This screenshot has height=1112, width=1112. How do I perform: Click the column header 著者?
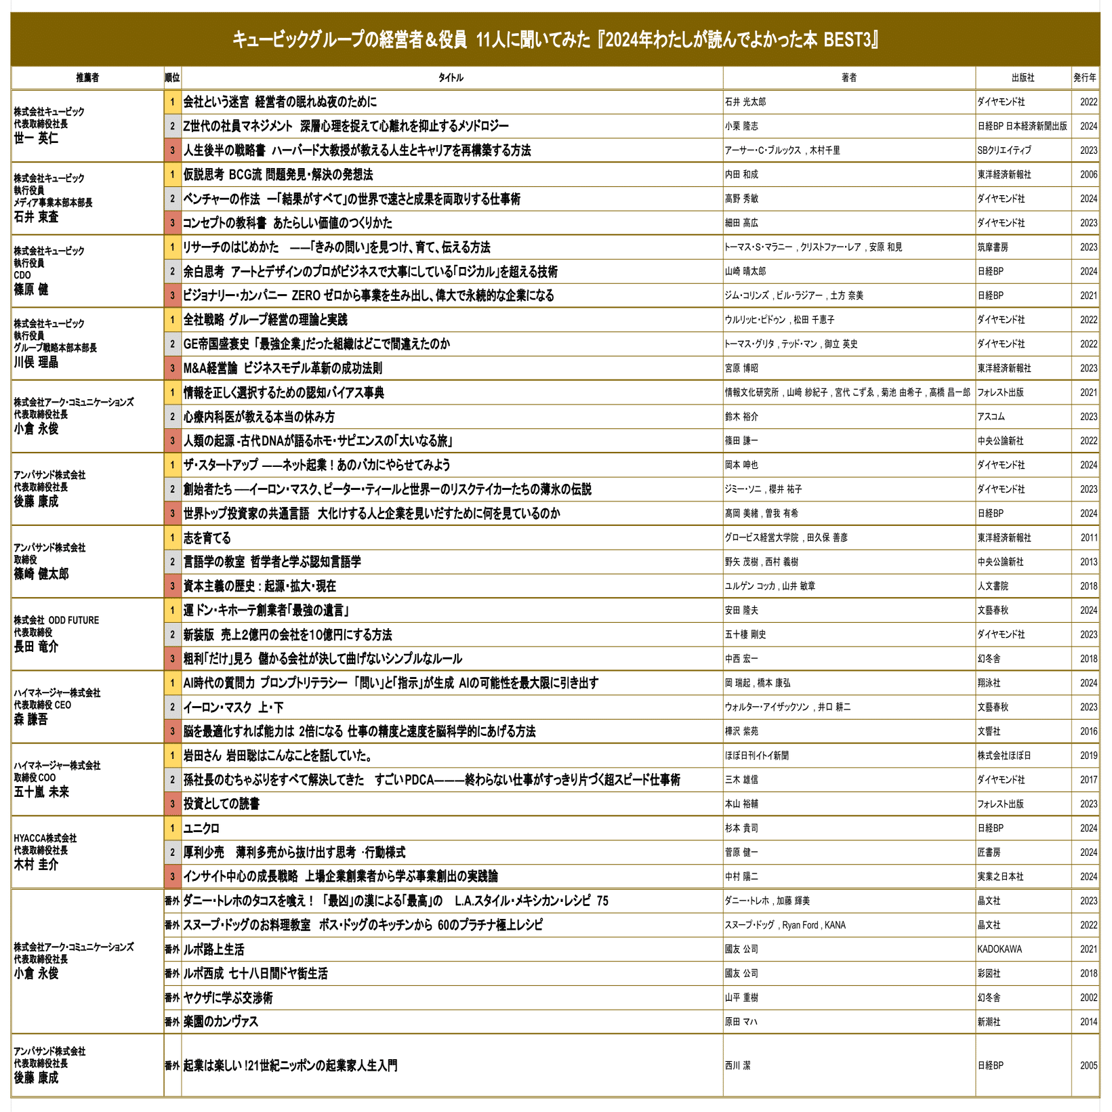(x=848, y=78)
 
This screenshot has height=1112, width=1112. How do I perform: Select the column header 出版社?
(x=1023, y=78)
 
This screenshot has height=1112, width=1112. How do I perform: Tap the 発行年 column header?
(x=1084, y=78)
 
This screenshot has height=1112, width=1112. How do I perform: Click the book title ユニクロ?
(x=201, y=828)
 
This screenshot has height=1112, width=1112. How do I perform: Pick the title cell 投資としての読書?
(x=222, y=804)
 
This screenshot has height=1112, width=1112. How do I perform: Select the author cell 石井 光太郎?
(x=745, y=102)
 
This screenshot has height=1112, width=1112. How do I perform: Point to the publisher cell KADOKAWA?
(x=1000, y=949)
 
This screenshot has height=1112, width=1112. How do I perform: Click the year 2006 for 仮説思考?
(x=1088, y=175)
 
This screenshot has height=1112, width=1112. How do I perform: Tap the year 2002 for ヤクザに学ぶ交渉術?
(x=1088, y=997)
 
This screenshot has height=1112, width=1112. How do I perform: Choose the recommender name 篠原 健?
(x=31, y=289)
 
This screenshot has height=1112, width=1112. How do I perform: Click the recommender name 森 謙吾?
(x=31, y=720)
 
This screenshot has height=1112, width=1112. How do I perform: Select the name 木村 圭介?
(x=36, y=865)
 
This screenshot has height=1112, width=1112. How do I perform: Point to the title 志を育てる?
(x=207, y=538)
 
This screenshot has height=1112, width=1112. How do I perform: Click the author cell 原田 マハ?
(x=741, y=1022)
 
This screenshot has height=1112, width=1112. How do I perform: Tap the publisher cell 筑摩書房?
(x=993, y=247)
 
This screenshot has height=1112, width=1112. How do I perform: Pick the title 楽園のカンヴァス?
(x=221, y=1022)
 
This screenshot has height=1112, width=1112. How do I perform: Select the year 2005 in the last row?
(x=1088, y=1065)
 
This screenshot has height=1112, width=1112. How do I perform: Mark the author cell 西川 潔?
(x=738, y=1065)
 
